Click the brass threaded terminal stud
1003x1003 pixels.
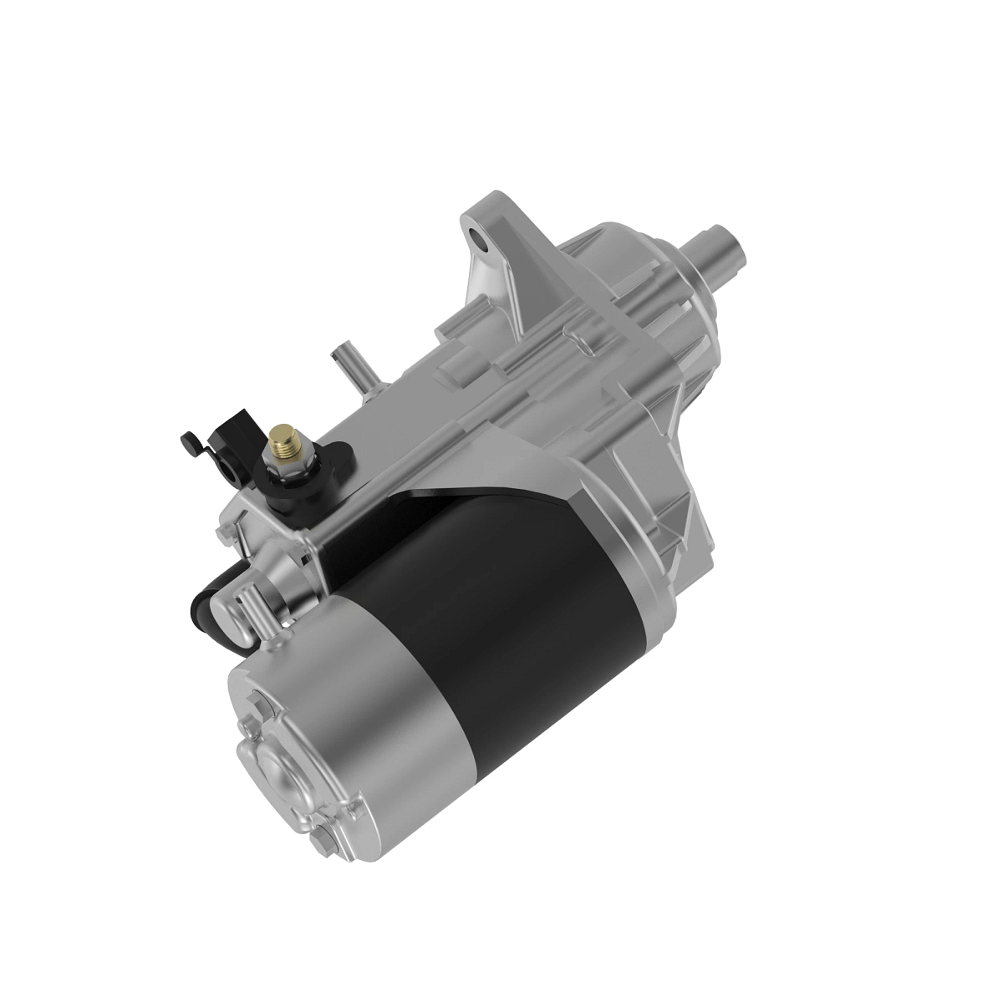click(282, 437)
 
